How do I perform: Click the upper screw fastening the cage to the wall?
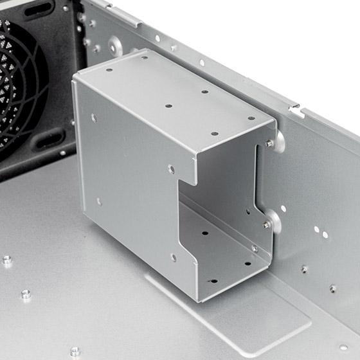tap(269, 143)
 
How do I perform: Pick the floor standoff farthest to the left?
tap(7, 260)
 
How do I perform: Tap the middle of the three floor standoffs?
tap(26, 294)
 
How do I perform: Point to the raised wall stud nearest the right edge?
tap(332, 289)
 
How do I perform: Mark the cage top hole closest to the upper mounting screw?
tap(251, 118)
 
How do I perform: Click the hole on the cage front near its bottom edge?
tap(174, 257)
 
